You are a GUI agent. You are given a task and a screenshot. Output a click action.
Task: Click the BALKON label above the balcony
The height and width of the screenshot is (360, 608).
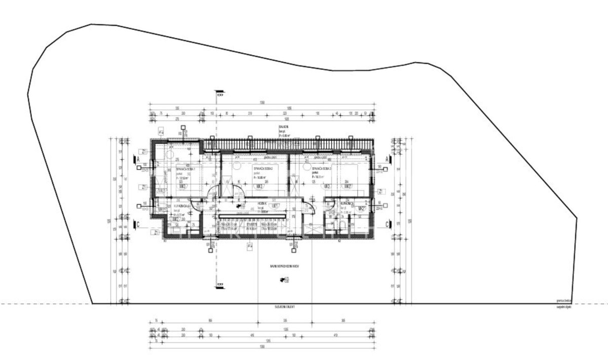(x=283, y=127)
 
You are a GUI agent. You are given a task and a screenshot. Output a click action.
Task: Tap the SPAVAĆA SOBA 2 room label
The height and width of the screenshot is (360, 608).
(x=263, y=169)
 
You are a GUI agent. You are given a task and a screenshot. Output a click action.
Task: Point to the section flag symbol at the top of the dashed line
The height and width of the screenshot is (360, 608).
(x=220, y=94)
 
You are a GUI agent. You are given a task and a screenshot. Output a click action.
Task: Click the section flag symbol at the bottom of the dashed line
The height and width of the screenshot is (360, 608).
(x=220, y=285)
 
